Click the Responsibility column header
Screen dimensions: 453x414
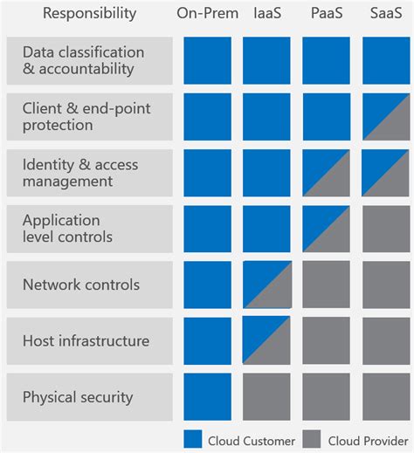tap(90, 13)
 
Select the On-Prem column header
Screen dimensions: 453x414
tap(208, 13)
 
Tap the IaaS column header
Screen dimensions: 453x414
tap(266, 13)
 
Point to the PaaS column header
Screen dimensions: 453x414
tap(326, 13)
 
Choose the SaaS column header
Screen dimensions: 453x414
tap(385, 13)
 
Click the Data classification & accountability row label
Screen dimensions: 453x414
tap(89, 61)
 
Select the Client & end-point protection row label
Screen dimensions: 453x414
tap(89, 117)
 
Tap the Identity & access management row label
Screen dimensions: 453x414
tap(89, 173)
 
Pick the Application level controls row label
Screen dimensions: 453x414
tap(89, 229)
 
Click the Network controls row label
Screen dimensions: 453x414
tap(89, 285)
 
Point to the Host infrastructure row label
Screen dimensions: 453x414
tap(89, 341)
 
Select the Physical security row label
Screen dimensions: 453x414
tap(89, 397)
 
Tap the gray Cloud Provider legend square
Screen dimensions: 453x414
tap(312, 440)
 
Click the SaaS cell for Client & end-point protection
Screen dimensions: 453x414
tap(385, 117)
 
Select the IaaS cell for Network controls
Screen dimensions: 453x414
tap(266, 285)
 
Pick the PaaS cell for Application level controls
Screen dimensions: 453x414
tap(326, 229)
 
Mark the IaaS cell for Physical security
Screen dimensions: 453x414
tap(266, 397)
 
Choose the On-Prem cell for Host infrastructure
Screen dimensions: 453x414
tap(208, 341)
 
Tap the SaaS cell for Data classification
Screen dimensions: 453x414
tap(385, 61)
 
